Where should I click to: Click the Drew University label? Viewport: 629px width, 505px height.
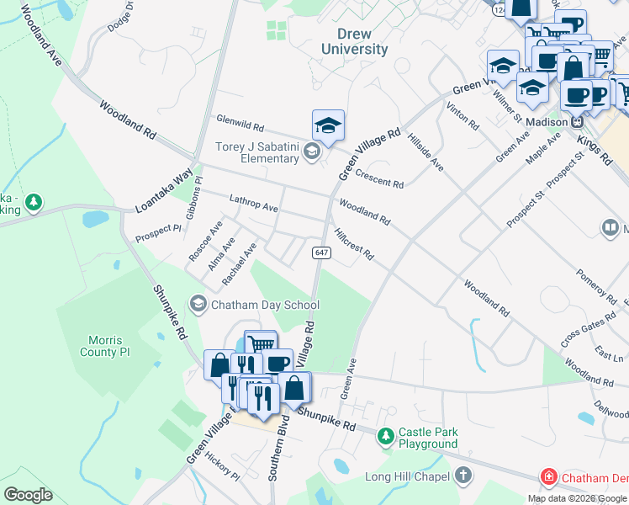point(355,41)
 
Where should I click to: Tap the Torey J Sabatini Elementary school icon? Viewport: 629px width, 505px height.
point(312,151)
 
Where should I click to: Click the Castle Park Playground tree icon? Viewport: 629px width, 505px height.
point(385,436)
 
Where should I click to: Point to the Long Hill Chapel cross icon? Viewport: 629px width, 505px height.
point(462,476)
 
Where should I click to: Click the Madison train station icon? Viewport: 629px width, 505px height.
point(578,122)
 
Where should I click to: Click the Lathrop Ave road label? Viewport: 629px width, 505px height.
point(253,203)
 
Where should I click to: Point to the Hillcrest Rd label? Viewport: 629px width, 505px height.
point(353,243)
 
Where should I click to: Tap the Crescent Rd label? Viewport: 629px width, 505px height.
point(379,178)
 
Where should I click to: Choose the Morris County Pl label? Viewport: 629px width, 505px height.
point(106,346)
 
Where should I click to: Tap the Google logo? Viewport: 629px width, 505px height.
point(28,495)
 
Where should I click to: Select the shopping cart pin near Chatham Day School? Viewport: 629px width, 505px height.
point(261,343)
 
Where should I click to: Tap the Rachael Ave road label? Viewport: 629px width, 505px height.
point(239,263)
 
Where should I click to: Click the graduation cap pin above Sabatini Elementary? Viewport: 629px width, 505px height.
point(328,125)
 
